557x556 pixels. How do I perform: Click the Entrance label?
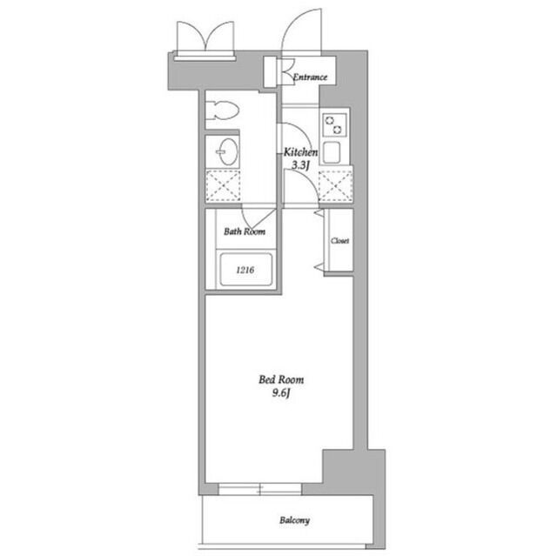pyautogui.click(x=310, y=77)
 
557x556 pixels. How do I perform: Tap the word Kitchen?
pyautogui.click(x=300, y=152)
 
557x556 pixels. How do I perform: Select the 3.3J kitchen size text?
pyautogui.click(x=300, y=165)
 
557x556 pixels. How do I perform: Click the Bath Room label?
pyautogui.click(x=245, y=231)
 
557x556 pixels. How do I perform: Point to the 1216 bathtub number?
pyautogui.click(x=245, y=271)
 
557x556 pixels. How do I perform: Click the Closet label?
pyautogui.click(x=340, y=241)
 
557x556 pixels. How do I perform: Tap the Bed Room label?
pyautogui.click(x=281, y=380)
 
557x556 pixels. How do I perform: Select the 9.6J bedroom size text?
pyautogui.click(x=281, y=393)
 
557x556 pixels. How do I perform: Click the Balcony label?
pyautogui.click(x=294, y=520)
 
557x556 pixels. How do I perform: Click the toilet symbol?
pyautogui.click(x=223, y=111)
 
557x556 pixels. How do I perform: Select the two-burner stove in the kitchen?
pyautogui.click(x=334, y=125)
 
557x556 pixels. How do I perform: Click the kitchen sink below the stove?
pyautogui.click(x=332, y=152)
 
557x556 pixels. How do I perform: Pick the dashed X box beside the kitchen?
pyautogui.click(x=336, y=185)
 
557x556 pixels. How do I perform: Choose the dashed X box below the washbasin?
pyautogui.click(x=223, y=186)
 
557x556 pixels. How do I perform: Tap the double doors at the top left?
pyautogui.click(x=205, y=37)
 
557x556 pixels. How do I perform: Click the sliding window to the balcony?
pyautogui.click(x=260, y=489)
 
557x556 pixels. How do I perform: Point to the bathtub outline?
pyautogui.click(x=245, y=269)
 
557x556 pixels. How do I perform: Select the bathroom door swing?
pyautogui.click(x=258, y=219)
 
